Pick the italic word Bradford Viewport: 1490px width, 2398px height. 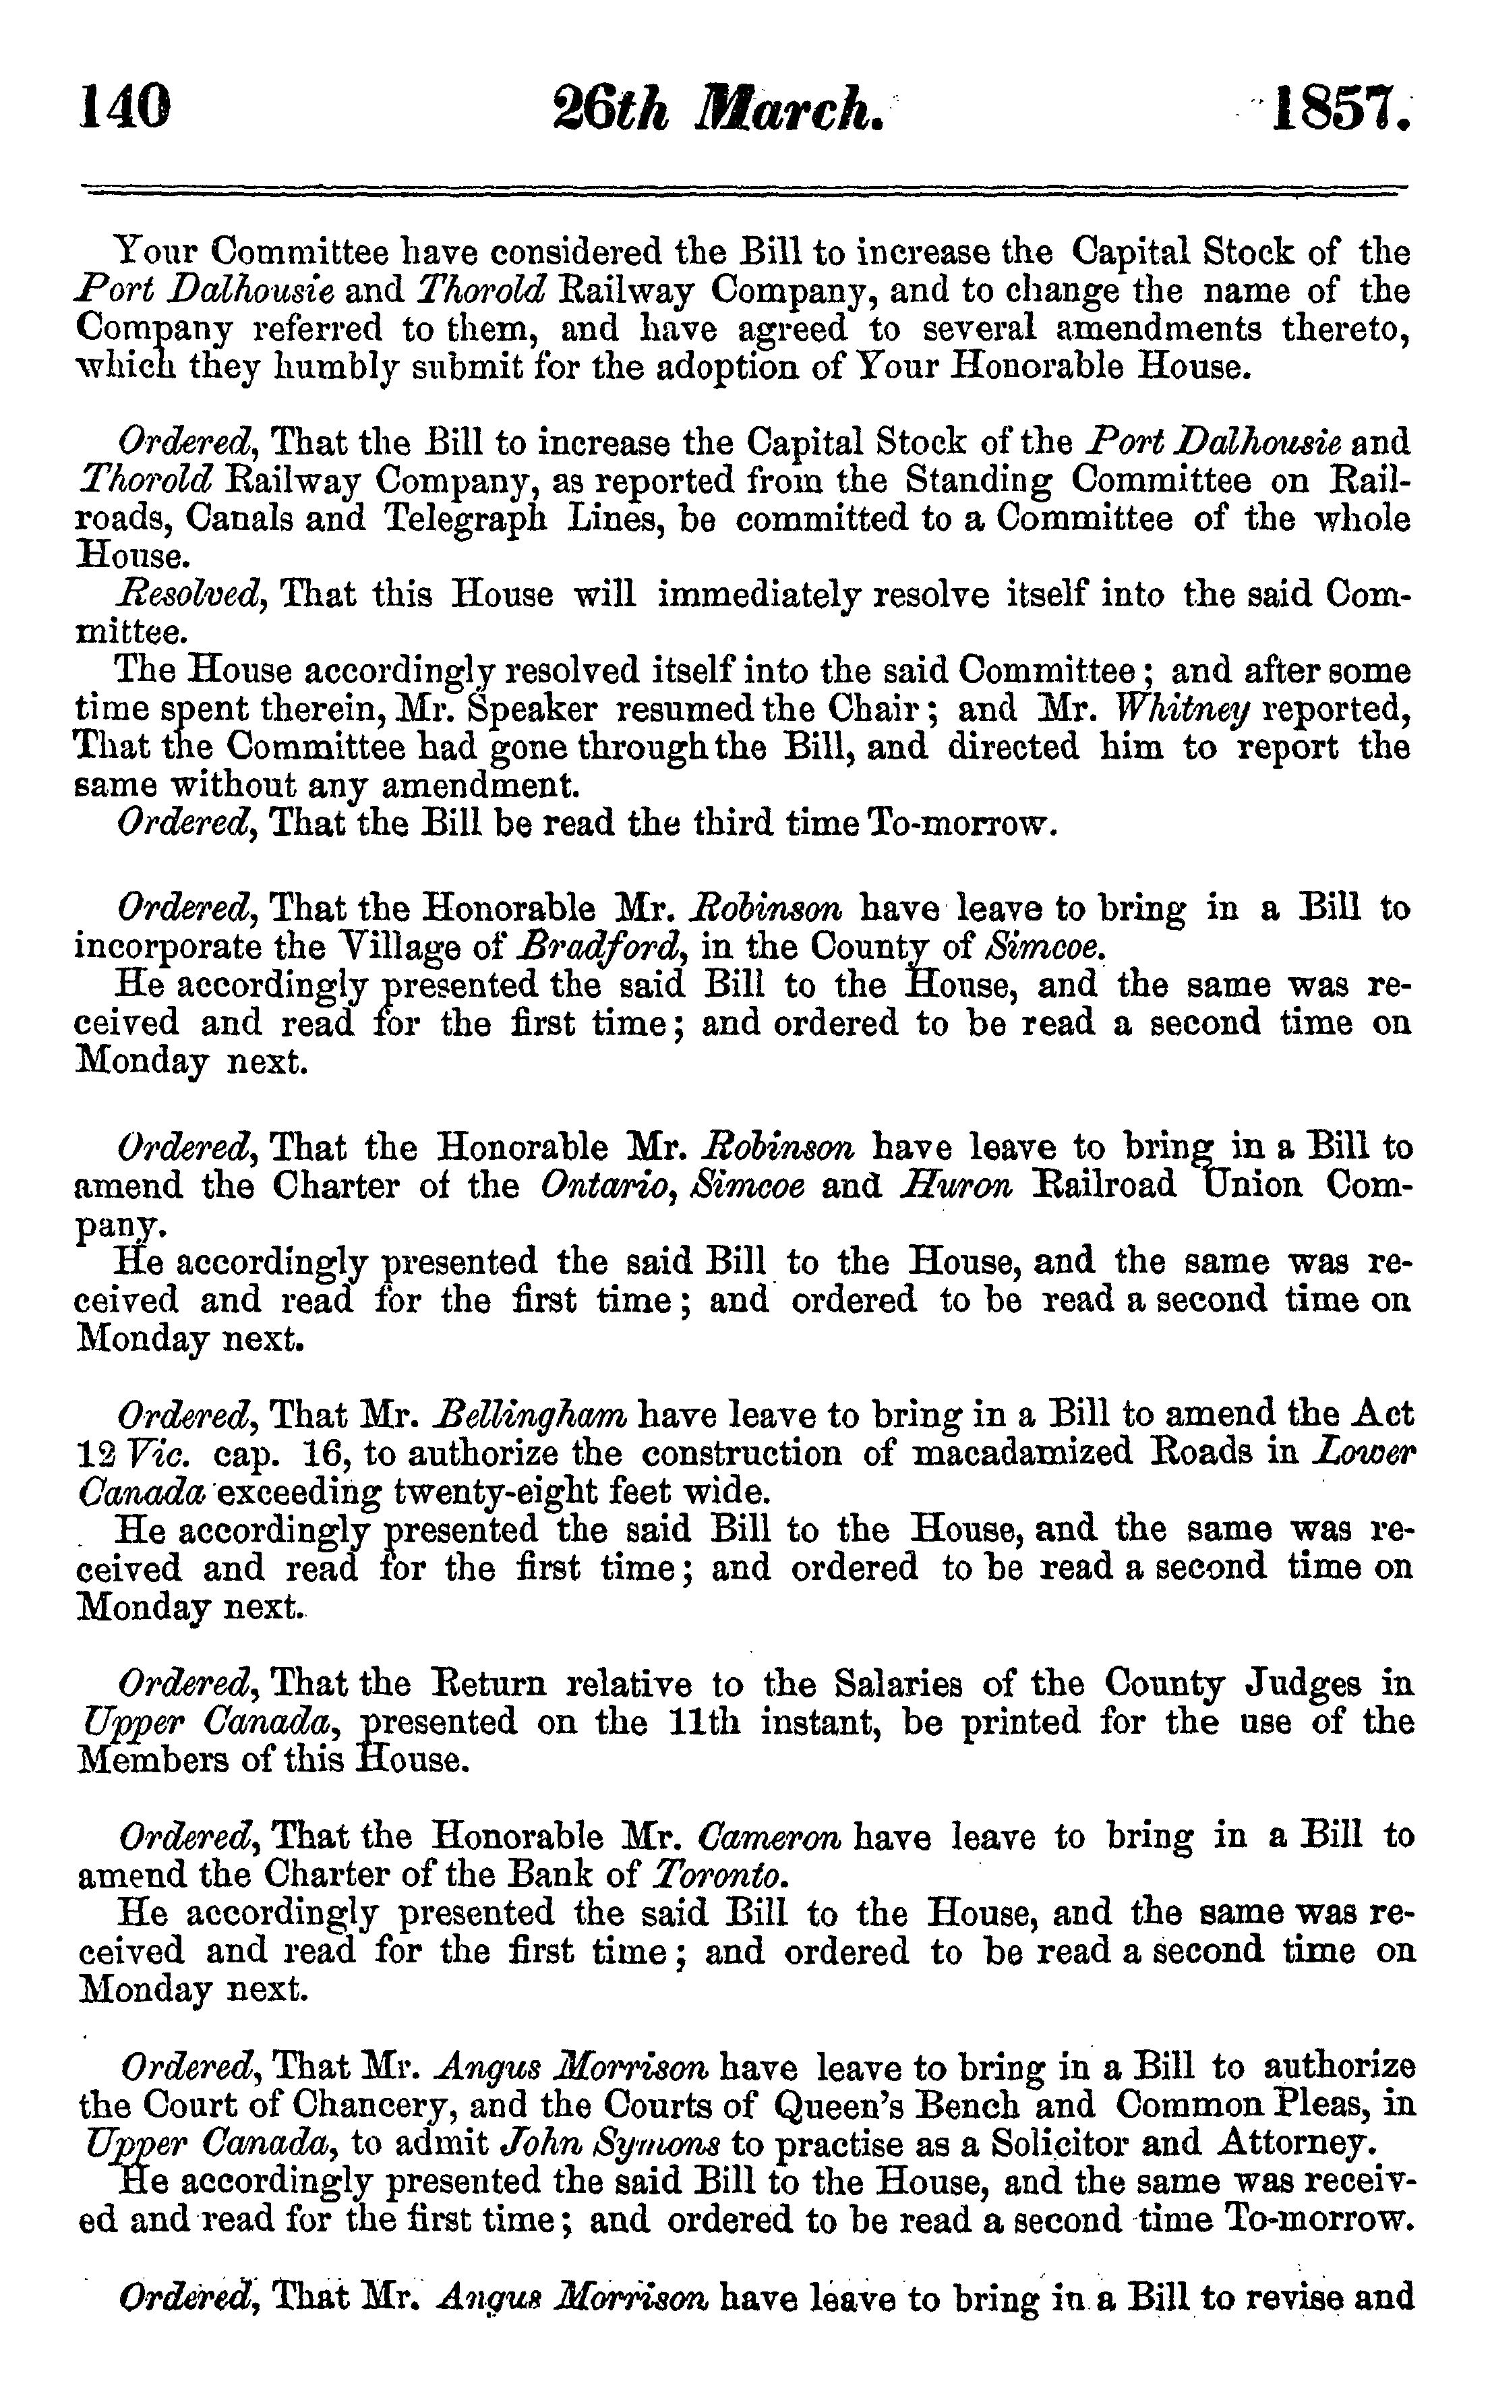pos(602,947)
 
